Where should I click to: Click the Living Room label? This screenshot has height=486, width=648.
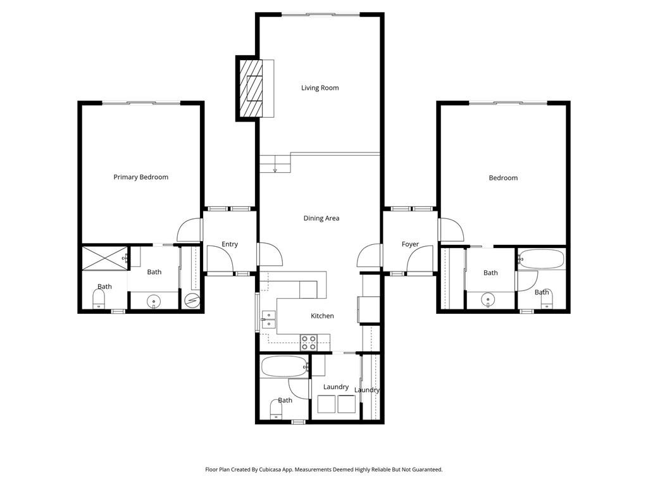320,87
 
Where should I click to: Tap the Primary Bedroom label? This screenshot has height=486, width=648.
141,177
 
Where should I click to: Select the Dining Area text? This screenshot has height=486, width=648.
321,218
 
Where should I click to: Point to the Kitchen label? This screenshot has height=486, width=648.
322,316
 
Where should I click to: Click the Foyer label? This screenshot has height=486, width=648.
410,244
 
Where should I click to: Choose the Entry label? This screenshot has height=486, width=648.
230,244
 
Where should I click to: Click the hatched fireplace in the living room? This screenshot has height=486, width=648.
251,89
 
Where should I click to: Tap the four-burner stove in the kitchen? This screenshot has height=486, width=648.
309,342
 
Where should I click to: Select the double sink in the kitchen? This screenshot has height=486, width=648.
268,319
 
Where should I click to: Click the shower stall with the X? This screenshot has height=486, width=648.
105,258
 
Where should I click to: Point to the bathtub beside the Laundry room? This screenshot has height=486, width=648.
285,367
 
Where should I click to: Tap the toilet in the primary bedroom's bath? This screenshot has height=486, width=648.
99,299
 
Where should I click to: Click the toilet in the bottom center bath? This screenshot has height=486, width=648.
276,409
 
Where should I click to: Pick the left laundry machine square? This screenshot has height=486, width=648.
327,404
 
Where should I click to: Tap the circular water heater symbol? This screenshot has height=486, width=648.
192,299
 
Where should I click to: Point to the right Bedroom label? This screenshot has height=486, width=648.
503,178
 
